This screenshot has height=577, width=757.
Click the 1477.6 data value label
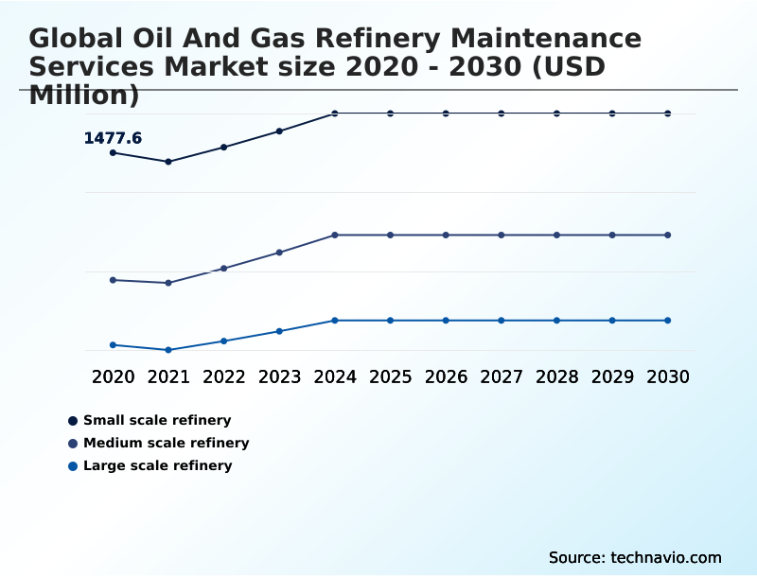(x=113, y=138)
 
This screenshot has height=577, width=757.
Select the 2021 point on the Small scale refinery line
(x=168, y=162)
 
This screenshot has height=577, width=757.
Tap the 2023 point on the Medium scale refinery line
(x=279, y=253)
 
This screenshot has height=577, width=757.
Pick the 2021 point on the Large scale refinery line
(x=168, y=350)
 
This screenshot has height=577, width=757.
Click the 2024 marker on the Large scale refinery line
(x=335, y=321)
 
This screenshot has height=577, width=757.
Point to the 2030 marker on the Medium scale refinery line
(x=667, y=235)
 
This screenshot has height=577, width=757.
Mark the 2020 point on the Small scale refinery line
(x=113, y=152)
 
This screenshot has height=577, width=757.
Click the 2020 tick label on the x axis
(x=113, y=376)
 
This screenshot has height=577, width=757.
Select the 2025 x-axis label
(x=390, y=376)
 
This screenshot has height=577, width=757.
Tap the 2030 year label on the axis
(x=667, y=376)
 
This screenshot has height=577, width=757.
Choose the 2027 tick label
(x=501, y=376)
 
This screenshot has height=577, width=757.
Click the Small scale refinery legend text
(x=157, y=420)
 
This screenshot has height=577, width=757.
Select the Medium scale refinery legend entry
(x=166, y=443)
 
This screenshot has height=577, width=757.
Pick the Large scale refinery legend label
(x=157, y=465)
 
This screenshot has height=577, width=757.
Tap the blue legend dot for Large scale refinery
(x=73, y=465)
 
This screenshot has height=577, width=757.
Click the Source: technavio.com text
(x=635, y=557)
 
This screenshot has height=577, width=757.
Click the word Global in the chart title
(x=79, y=39)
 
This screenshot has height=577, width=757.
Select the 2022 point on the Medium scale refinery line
(x=224, y=269)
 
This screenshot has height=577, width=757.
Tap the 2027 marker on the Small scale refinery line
(x=501, y=114)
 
